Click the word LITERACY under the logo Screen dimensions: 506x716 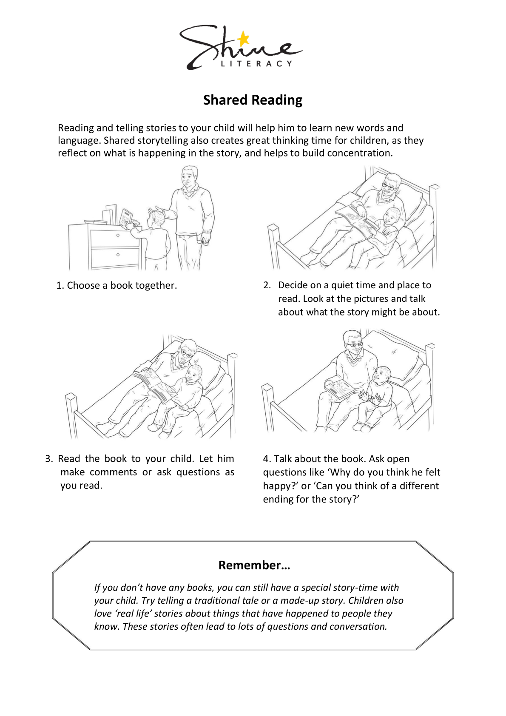pos(256,64)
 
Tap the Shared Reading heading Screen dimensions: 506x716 pos(253,100)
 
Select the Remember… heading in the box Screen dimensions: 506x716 pos(254,565)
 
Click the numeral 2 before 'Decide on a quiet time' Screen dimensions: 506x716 pos(267,285)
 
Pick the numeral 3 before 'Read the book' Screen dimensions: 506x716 pos(48,459)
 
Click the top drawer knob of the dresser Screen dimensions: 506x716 pos(118,235)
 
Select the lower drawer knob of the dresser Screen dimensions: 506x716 pos(118,255)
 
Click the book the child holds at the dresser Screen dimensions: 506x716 pos(125,218)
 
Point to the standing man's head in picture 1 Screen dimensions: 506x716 pos(189,177)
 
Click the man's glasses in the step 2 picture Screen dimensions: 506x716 pos(388,186)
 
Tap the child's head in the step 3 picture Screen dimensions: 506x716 pos(194,375)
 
